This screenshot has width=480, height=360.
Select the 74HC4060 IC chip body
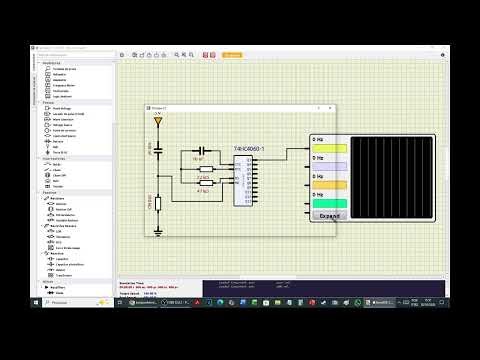pyautogui.click(x=244, y=180)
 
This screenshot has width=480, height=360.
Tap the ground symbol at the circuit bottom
pyautogui.click(x=158, y=231)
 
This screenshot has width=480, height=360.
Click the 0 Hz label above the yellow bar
pyautogui.click(x=318, y=140)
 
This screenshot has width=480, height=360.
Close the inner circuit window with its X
pyautogui.click(x=331, y=105)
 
